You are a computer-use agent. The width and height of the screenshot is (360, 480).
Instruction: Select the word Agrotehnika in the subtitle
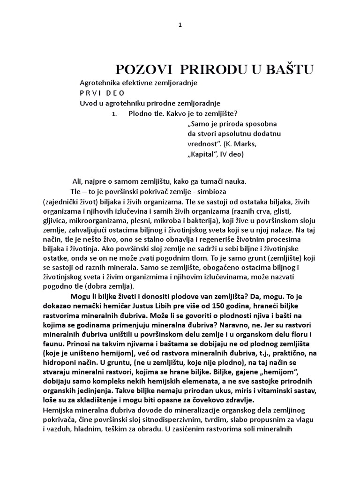(x=99, y=83)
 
